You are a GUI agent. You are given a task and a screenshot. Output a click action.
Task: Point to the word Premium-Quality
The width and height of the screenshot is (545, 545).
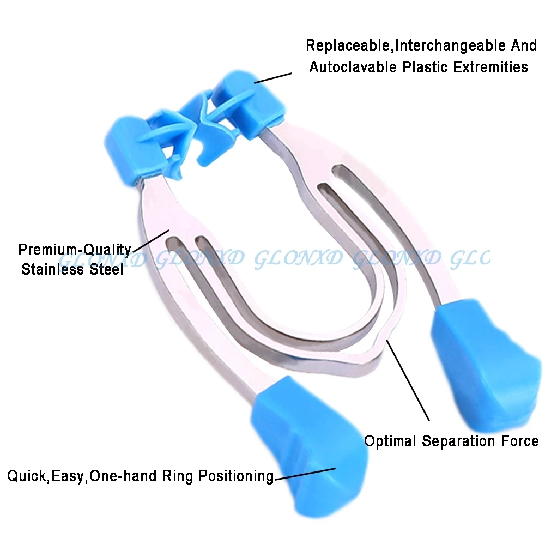pos(74,250)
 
